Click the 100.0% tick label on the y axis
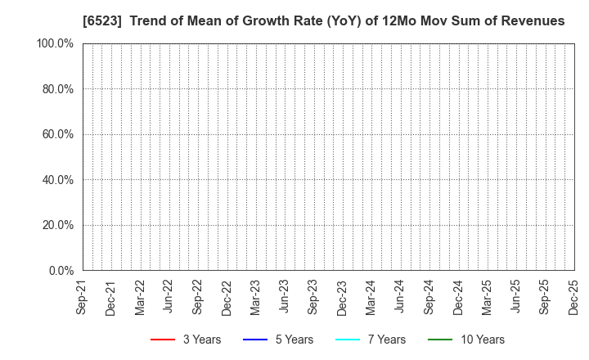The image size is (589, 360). [54, 43]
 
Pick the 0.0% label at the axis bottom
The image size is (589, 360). [60, 271]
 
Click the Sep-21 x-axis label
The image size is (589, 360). [82, 297]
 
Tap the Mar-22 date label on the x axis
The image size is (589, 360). [140, 297]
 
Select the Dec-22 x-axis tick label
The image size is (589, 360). [227, 297]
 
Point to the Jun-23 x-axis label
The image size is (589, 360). [284, 297]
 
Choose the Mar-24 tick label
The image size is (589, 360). [371, 297]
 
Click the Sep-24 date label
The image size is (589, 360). [429, 297]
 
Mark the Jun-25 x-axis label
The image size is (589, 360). [515, 297]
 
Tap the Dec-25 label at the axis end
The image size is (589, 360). [573, 297]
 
